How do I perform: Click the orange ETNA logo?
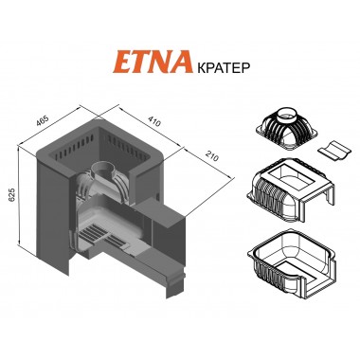click(153, 63)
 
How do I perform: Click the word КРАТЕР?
click(224, 67)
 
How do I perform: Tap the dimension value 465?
click(43, 121)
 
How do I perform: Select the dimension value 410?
click(153, 120)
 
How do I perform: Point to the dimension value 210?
click(211, 155)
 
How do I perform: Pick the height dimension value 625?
click(10, 195)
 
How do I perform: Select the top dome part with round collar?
click(286, 129)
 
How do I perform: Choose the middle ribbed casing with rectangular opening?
click(291, 189)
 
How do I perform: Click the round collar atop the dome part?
click(287, 115)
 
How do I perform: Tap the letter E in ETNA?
click(122, 63)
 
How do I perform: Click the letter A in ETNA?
click(182, 63)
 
